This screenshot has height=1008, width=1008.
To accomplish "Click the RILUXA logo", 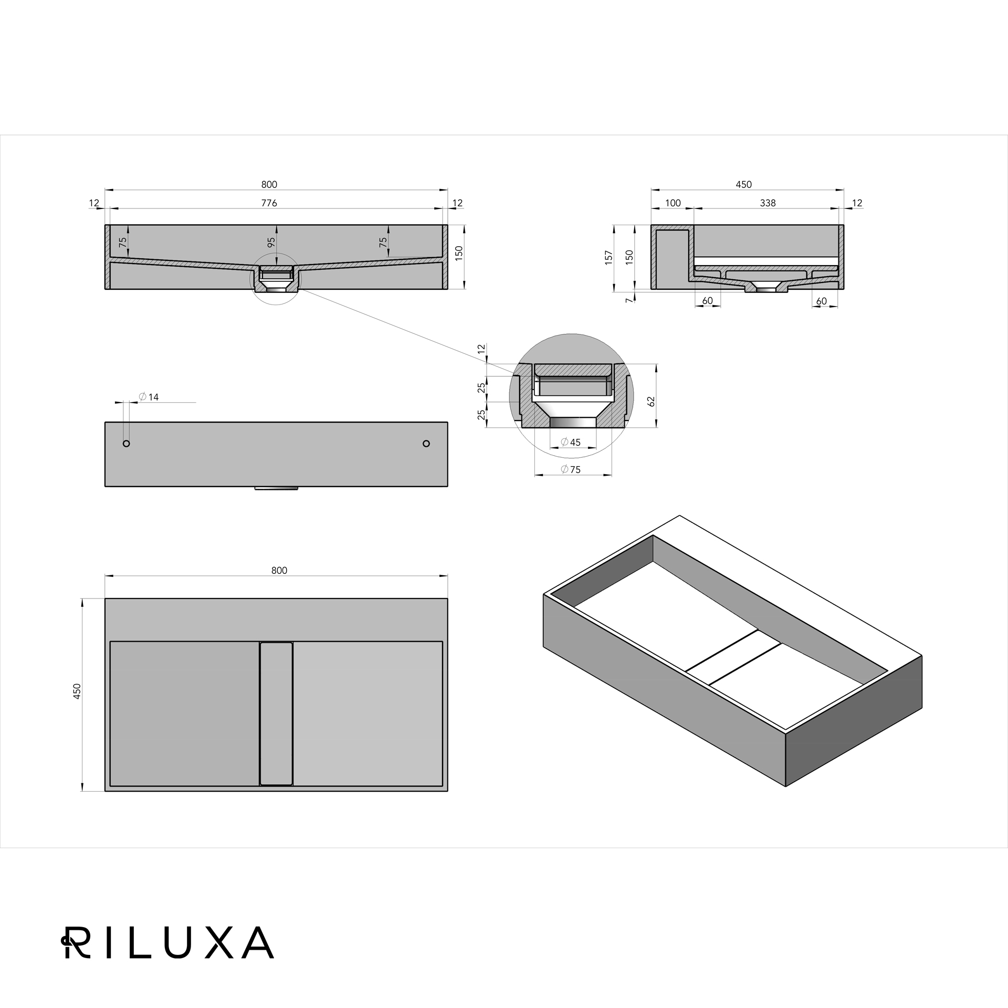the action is tap(167, 942).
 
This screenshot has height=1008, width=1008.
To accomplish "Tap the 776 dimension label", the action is tap(269, 203).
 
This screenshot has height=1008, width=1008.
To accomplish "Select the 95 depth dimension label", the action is tap(271, 243).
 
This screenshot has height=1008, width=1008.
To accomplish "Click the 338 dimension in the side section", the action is tap(768, 203).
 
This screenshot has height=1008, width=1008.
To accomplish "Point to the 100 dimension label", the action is tap(673, 203).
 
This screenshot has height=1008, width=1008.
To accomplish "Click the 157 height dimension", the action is tap(609, 257).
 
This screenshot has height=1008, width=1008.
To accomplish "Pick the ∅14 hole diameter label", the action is tap(149, 397).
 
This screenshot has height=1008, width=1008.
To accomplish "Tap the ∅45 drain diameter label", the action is tap(571, 442).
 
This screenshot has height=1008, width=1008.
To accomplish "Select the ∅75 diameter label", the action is tap(571, 469).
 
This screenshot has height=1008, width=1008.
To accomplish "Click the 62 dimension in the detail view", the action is tap(652, 401).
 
